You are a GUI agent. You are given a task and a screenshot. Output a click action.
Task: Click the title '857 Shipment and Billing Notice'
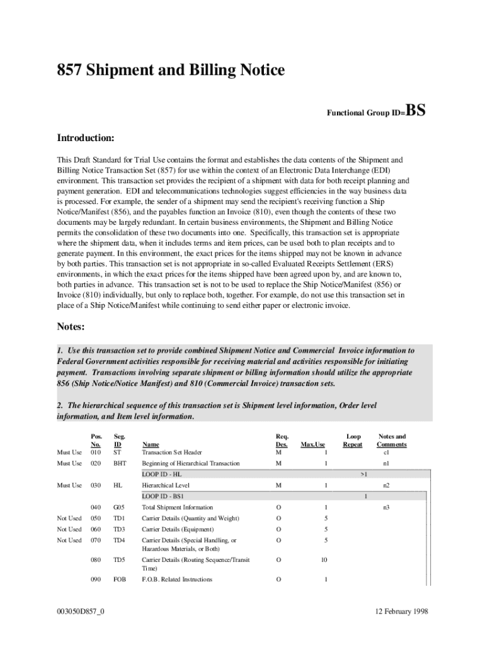[x=171, y=71]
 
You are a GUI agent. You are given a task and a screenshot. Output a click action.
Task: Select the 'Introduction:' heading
[x=86, y=137]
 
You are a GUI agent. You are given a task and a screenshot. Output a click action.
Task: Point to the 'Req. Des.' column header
[x=282, y=440]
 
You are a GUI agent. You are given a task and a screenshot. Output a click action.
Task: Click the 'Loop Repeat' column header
[x=353, y=440]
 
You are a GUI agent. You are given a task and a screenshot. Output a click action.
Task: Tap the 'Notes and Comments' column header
[x=391, y=440]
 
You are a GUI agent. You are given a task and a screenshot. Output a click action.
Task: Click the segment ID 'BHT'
[x=120, y=464]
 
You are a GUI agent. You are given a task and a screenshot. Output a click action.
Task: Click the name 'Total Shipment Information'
[x=177, y=507]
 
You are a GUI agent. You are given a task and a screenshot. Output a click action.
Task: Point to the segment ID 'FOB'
[x=119, y=579]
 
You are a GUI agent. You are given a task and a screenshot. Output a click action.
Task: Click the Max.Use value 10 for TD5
[x=323, y=559]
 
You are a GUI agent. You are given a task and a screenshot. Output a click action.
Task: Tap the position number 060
[x=96, y=529]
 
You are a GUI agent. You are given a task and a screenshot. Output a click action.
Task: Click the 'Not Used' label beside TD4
[x=69, y=540]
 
